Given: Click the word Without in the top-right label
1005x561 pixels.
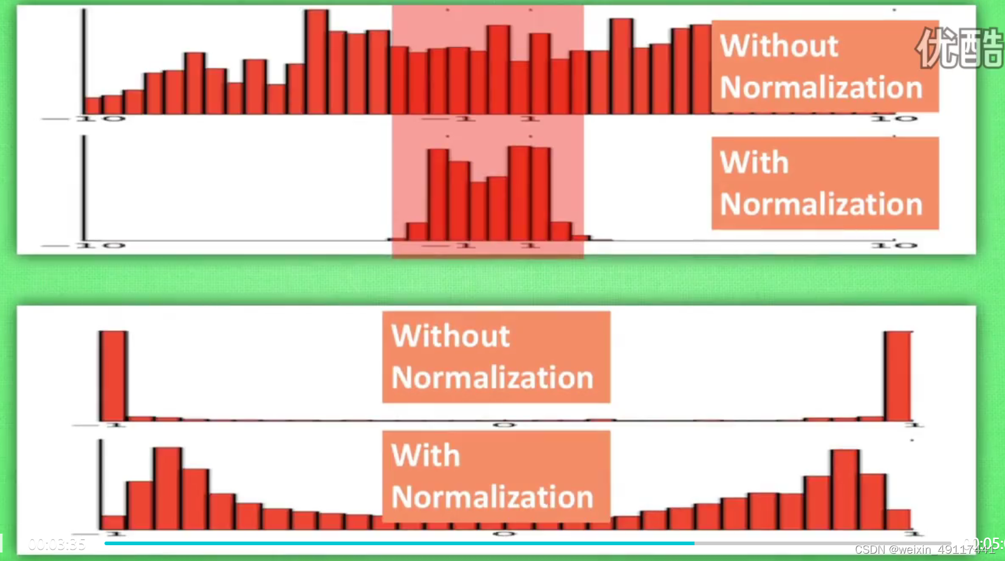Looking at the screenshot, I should [x=779, y=46].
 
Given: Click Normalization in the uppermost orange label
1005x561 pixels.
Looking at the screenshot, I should [x=821, y=88].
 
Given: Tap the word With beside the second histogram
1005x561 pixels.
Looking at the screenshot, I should [x=754, y=163].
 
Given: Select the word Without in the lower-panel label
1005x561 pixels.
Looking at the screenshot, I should [x=450, y=336].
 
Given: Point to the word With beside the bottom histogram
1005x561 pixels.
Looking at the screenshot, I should [x=425, y=456].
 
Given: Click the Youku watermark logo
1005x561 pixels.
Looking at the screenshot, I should [x=959, y=47].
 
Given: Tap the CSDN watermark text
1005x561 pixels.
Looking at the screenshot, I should [x=924, y=550].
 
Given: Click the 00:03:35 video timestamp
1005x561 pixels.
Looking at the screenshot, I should [x=57, y=544].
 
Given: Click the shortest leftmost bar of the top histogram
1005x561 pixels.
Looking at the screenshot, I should [x=93, y=106].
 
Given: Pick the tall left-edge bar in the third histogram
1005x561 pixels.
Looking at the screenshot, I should [x=113, y=375].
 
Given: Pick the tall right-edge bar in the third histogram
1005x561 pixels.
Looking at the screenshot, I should [x=897, y=375].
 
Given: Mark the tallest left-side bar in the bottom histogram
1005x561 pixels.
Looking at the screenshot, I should [x=167, y=488].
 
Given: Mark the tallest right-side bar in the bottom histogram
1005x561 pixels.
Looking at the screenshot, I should [x=845, y=489].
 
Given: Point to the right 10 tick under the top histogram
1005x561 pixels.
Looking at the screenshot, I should [x=894, y=119].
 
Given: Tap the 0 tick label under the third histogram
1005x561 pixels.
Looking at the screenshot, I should [x=504, y=425].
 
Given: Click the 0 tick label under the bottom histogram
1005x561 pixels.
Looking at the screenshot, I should [x=504, y=534].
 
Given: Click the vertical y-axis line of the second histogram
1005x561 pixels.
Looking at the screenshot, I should [x=84, y=188].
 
